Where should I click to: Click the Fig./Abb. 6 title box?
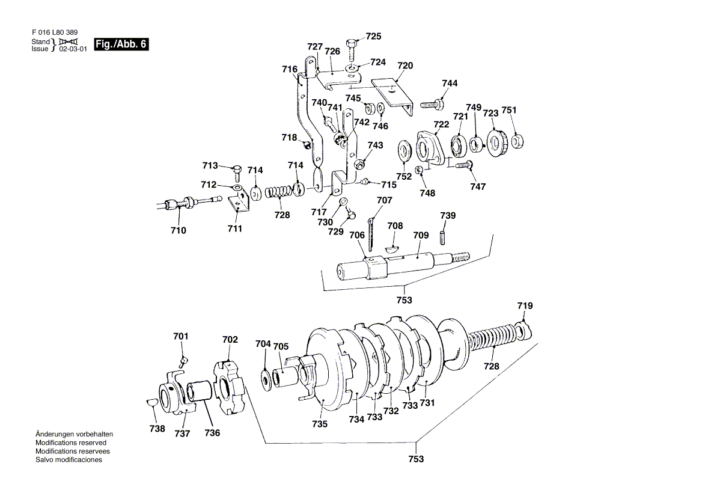121,44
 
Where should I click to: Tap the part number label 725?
373,36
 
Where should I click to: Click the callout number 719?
525,306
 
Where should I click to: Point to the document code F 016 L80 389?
55,32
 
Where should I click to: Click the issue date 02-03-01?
73,49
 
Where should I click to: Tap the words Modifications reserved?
71,442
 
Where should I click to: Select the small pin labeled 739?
443,237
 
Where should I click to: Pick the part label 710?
178,230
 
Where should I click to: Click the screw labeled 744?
432,105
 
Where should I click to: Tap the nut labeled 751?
517,141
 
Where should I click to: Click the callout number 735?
320,424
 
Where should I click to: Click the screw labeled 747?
464,165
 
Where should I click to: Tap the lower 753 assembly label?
416,459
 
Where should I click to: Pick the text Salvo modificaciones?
69,460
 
